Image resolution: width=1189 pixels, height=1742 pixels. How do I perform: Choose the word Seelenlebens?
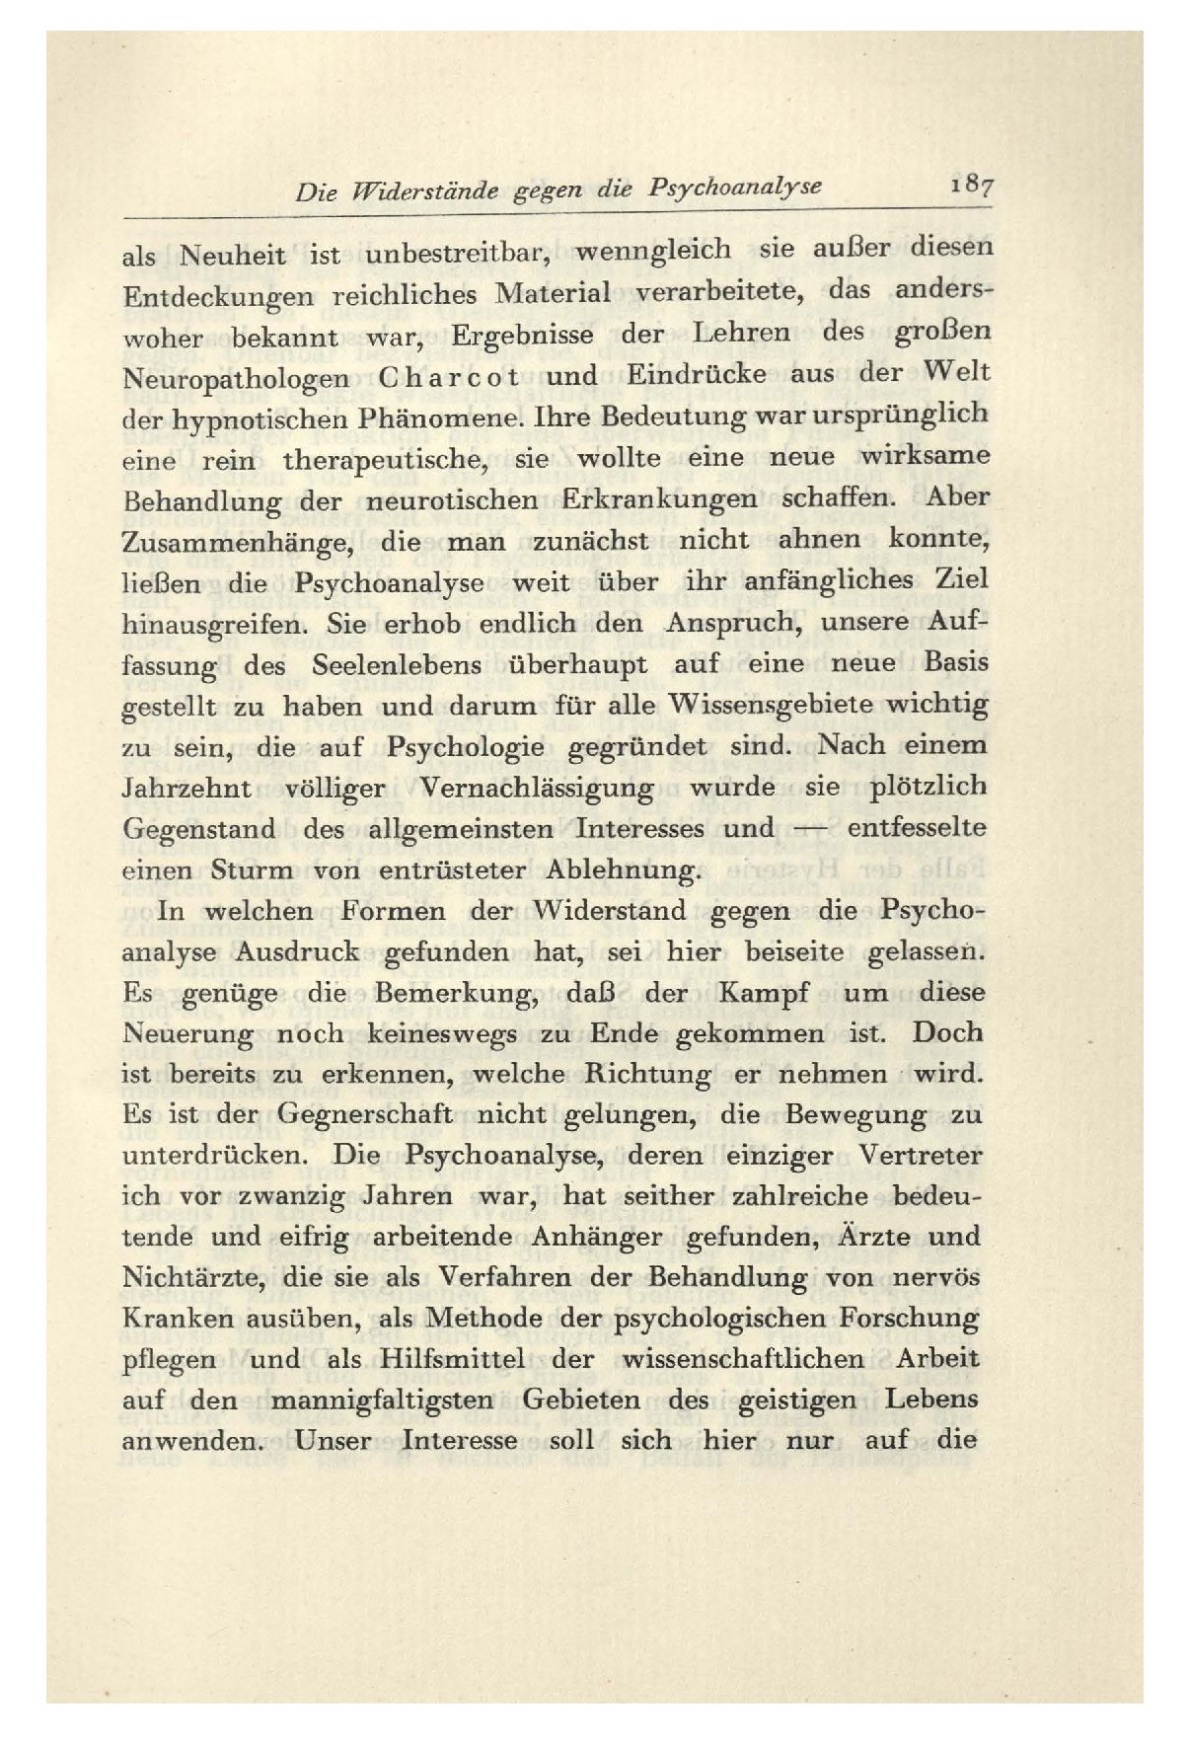[396, 666]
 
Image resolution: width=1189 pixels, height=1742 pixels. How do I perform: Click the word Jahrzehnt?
[186, 790]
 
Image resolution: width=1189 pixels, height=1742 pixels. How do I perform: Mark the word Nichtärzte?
[193, 1279]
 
